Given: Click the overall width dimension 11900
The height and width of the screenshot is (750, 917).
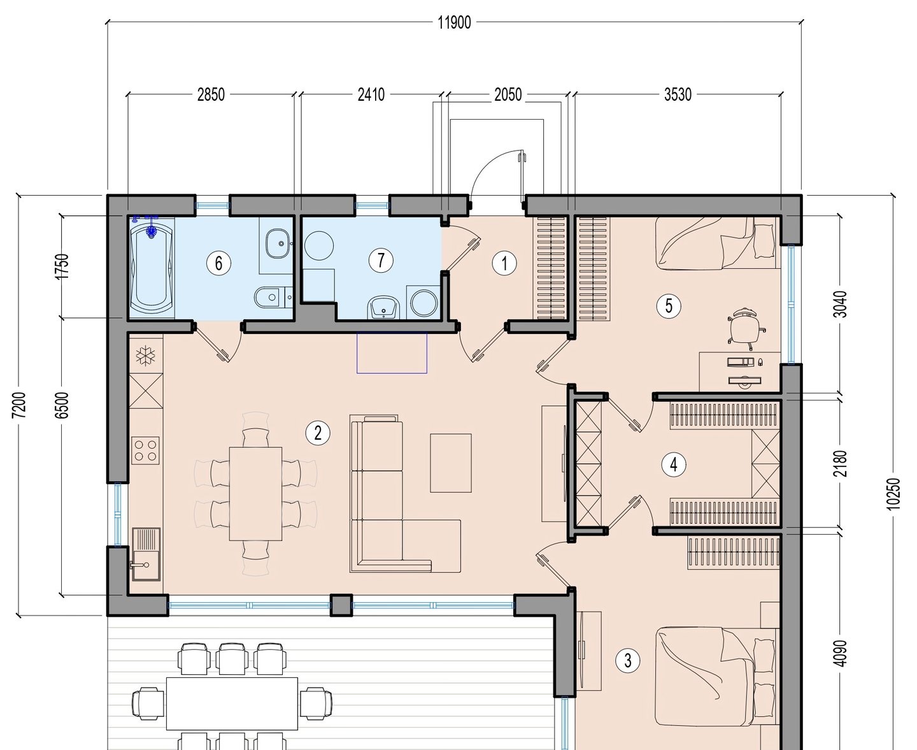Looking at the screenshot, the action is pyautogui.click(x=454, y=22).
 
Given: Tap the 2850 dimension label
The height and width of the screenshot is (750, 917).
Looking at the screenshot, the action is pyautogui.click(x=211, y=94).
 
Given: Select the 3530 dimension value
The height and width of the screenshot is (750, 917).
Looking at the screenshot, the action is pyautogui.click(x=678, y=94).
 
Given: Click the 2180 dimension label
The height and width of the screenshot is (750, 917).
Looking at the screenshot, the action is pyautogui.click(x=841, y=464).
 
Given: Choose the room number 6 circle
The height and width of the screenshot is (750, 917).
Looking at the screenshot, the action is pyautogui.click(x=218, y=263).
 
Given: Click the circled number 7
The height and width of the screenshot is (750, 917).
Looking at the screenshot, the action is pyautogui.click(x=381, y=260).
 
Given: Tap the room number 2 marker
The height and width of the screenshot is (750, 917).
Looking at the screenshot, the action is pyautogui.click(x=318, y=433).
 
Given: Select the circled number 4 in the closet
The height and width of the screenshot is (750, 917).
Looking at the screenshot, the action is pyautogui.click(x=674, y=464).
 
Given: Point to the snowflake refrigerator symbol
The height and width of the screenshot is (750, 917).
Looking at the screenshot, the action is pyautogui.click(x=145, y=356).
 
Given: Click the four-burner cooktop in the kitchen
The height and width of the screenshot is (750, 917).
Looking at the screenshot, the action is pyautogui.click(x=145, y=451).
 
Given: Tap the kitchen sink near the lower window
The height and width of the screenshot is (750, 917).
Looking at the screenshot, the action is pyautogui.click(x=146, y=554).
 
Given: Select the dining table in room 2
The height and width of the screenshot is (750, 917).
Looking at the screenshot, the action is pyautogui.click(x=255, y=493).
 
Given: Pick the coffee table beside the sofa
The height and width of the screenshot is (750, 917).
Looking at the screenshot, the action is pyautogui.click(x=451, y=463).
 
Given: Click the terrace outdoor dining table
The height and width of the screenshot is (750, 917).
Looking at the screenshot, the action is pyautogui.click(x=232, y=703).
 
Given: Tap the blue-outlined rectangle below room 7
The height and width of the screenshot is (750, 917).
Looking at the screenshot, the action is pyautogui.click(x=392, y=353).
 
